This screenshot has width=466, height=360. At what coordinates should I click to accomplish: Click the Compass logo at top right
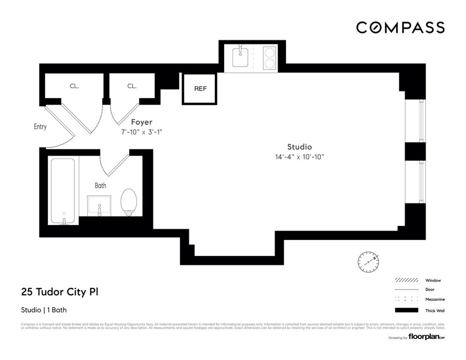coord(400,28)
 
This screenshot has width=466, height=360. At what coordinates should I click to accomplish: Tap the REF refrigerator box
coord(200,89)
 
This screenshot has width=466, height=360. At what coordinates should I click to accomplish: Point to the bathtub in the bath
coord(63,191)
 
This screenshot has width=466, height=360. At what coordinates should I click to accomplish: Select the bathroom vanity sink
coord(99,205)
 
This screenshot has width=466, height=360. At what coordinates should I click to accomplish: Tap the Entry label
coord(40,127)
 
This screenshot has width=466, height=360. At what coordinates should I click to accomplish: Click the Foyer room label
coord(141,122)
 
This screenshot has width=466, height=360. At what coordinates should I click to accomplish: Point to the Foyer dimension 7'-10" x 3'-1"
coord(141,132)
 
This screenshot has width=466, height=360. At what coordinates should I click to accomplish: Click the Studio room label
coord(299,147)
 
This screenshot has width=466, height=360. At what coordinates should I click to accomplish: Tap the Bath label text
coord(100,186)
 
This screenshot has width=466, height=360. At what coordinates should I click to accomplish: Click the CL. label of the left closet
coord(74,86)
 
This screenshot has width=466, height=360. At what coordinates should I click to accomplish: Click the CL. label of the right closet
coord(132,86)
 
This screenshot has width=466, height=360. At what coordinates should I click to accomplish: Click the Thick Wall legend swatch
coord(406,310)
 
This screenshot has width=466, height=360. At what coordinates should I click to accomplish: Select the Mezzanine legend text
coord(435,299)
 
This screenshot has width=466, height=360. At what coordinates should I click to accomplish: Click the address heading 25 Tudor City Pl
coord(59,292)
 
